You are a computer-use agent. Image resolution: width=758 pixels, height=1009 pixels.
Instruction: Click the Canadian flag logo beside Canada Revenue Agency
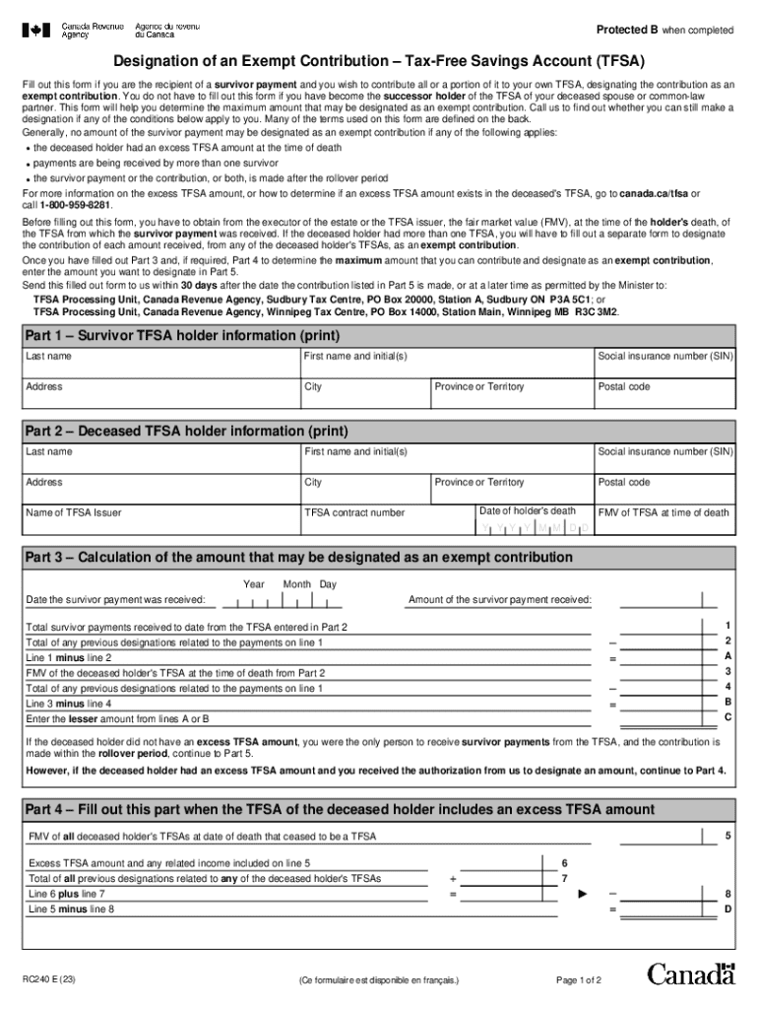pyautogui.click(x=36, y=31)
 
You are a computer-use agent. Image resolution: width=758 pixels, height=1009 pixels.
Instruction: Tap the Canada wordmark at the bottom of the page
pyautogui.click(x=691, y=975)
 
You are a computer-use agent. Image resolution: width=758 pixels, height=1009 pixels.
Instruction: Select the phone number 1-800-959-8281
pyautogui.click(x=76, y=205)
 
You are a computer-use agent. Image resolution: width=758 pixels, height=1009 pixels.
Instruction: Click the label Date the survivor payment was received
pyautogui.click(x=115, y=600)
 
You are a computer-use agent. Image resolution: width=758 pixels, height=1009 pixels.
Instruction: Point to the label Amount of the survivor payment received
pyautogui.click(x=500, y=600)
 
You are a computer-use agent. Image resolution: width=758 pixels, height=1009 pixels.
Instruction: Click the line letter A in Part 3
pyautogui.click(x=727, y=656)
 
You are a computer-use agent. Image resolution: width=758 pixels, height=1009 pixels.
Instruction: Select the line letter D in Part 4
pyautogui.click(x=727, y=909)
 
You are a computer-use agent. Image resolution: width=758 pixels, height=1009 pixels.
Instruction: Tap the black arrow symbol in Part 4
pyautogui.click(x=582, y=894)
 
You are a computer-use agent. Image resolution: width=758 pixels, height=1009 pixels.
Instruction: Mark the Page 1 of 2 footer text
pyautogui.click(x=579, y=980)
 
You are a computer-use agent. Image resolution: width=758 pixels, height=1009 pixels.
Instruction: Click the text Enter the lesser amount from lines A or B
pyautogui.click(x=117, y=719)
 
